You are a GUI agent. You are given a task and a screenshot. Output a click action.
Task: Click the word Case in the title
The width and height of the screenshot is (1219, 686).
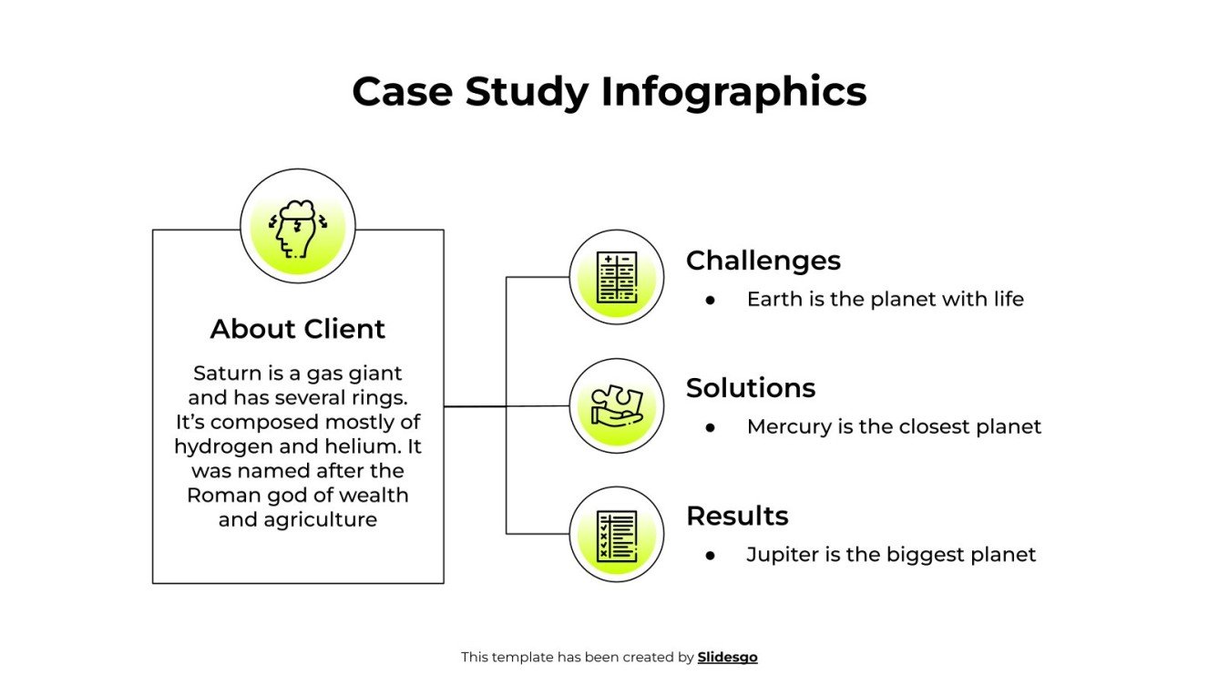pyautogui.click(x=402, y=92)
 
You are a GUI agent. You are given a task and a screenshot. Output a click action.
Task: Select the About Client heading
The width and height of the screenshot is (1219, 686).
pyautogui.click(x=298, y=329)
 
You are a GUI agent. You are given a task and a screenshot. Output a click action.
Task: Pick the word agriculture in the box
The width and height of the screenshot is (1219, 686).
pyautogui.click(x=320, y=520)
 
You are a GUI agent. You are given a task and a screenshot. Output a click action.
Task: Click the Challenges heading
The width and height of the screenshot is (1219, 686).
pyautogui.click(x=763, y=261)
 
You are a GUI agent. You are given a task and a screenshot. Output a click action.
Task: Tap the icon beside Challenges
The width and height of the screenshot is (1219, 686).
pyautogui.click(x=616, y=277)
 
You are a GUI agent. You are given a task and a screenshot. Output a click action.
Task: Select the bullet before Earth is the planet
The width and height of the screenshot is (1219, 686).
pyautogui.click(x=710, y=300)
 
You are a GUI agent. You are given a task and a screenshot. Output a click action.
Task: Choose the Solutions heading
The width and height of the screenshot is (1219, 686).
pyautogui.click(x=750, y=388)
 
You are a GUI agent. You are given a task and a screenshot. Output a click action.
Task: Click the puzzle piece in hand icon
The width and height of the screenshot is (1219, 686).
pyautogui.click(x=616, y=405)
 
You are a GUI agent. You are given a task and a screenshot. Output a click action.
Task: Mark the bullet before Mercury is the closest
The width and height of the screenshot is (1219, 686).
pyautogui.click(x=710, y=427)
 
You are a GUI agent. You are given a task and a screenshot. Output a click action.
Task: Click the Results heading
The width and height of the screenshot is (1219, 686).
pyautogui.click(x=736, y=516)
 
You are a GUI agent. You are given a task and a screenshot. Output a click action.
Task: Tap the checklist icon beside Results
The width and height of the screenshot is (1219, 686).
pyautogui.click(x=616, y=535)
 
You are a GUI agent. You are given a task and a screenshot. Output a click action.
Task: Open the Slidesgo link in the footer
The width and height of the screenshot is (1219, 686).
pyautogui.click(x=727, y=657)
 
